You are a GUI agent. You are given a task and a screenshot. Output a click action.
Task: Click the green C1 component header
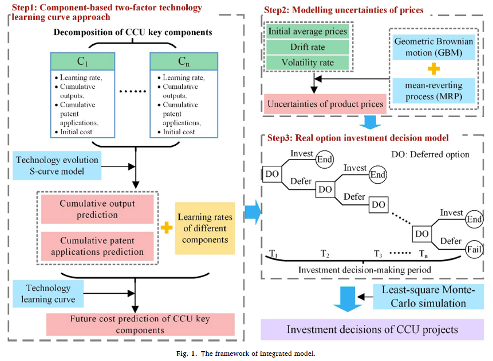pyautogui.click(x=75, y=61)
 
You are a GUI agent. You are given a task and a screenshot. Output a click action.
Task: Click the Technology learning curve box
pyautogui.click(x=48, y=293)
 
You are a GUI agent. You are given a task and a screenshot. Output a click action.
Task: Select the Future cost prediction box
pyautogui.click(x=140, y=324)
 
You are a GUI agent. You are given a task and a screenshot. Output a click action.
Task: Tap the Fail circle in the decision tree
pyautogui.click(x=474, y=249)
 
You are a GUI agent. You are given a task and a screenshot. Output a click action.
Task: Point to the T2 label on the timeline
pyautogui.click(x=325, y=253)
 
